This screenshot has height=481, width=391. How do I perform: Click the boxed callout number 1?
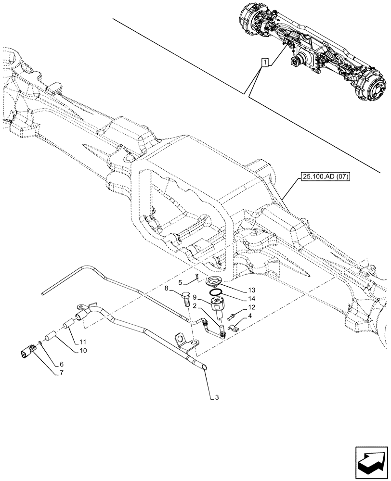(x=264, y=62)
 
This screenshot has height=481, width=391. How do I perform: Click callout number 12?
(x=252, y=307)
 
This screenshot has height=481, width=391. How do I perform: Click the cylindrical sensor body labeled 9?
(x=220, y=306)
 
